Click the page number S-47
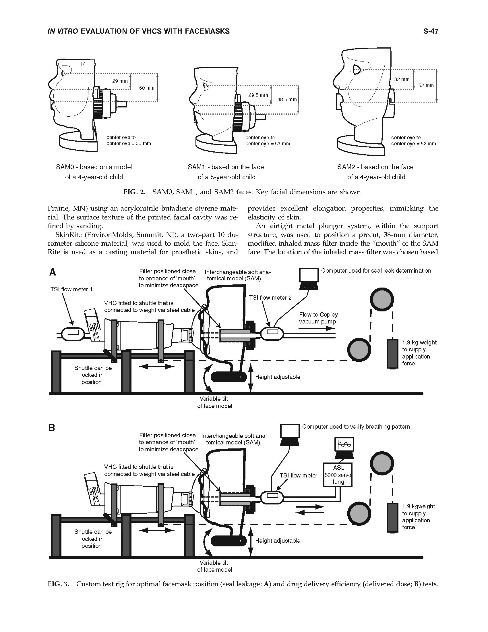[431, 31]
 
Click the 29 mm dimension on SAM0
[120, 81]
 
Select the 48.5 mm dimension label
[287, 100]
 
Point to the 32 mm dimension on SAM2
[402, 79]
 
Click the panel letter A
[53, 273]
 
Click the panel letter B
[51, 428]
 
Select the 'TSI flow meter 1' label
[71, 289]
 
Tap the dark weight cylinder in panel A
[392, 353]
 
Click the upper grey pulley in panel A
[382, 300]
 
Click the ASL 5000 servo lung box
[338, 475]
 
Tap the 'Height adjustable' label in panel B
[278, 541]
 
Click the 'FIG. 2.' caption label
[134, 192]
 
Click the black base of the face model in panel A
[229, 377]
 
